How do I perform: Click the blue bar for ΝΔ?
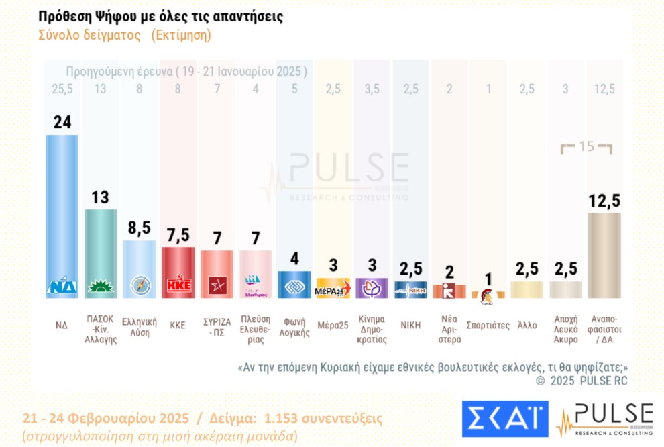[x=62, y=208]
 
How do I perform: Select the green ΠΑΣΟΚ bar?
[x=101, y=248]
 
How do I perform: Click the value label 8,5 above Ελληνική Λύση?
[x=139, y=228]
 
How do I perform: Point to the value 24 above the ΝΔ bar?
[x=62, y=122]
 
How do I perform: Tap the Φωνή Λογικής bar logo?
[x=294, y=285]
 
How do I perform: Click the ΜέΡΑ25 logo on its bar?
[x=333, y=288]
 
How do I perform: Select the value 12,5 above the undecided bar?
[x=604, y=200]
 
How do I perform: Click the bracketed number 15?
[x=587, y=146]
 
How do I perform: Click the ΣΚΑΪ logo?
[x=504, y=418]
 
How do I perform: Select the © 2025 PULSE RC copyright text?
[x=582, y=381]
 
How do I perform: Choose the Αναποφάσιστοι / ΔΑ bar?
[x=604, y=255]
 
